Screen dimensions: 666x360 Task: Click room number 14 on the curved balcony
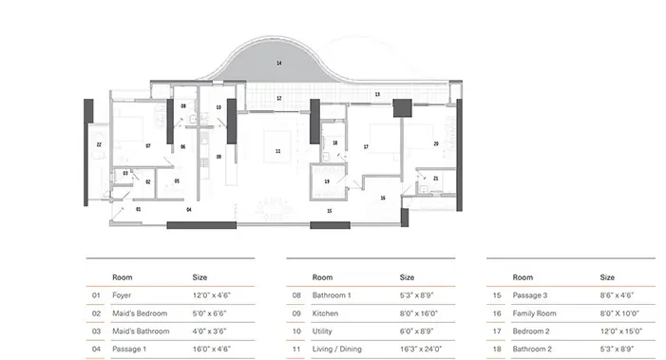coord(279,64)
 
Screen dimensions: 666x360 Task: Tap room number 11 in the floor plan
coord(278,151)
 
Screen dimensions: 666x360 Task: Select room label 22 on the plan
coord(99,144)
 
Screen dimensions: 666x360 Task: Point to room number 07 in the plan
coord(148,146)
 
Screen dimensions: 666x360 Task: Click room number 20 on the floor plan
coord(436,144)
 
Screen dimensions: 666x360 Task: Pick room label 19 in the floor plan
coord(327,181)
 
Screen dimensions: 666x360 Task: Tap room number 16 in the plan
coord(383,198)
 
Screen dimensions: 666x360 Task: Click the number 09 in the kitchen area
coord(219,157)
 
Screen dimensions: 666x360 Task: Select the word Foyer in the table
coord(122,295)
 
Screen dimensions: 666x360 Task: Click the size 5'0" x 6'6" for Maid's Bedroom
coord(209,313)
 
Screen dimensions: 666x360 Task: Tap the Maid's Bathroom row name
coord(141,332)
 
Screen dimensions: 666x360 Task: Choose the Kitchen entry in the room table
coord(325,313)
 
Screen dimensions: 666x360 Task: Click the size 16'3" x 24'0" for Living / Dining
coord(421,349)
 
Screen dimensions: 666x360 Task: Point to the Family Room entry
coord(534,313)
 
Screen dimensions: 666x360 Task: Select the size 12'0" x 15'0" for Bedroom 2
coord(621,332)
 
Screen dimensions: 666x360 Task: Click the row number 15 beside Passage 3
coord(497,295)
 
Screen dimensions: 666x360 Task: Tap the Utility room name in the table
coord(322,332)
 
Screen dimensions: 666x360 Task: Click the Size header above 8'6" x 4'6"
coord(607,277)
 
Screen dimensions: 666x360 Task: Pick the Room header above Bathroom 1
coord(322,277)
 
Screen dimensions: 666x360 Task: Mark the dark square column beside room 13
coord(402,108)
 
